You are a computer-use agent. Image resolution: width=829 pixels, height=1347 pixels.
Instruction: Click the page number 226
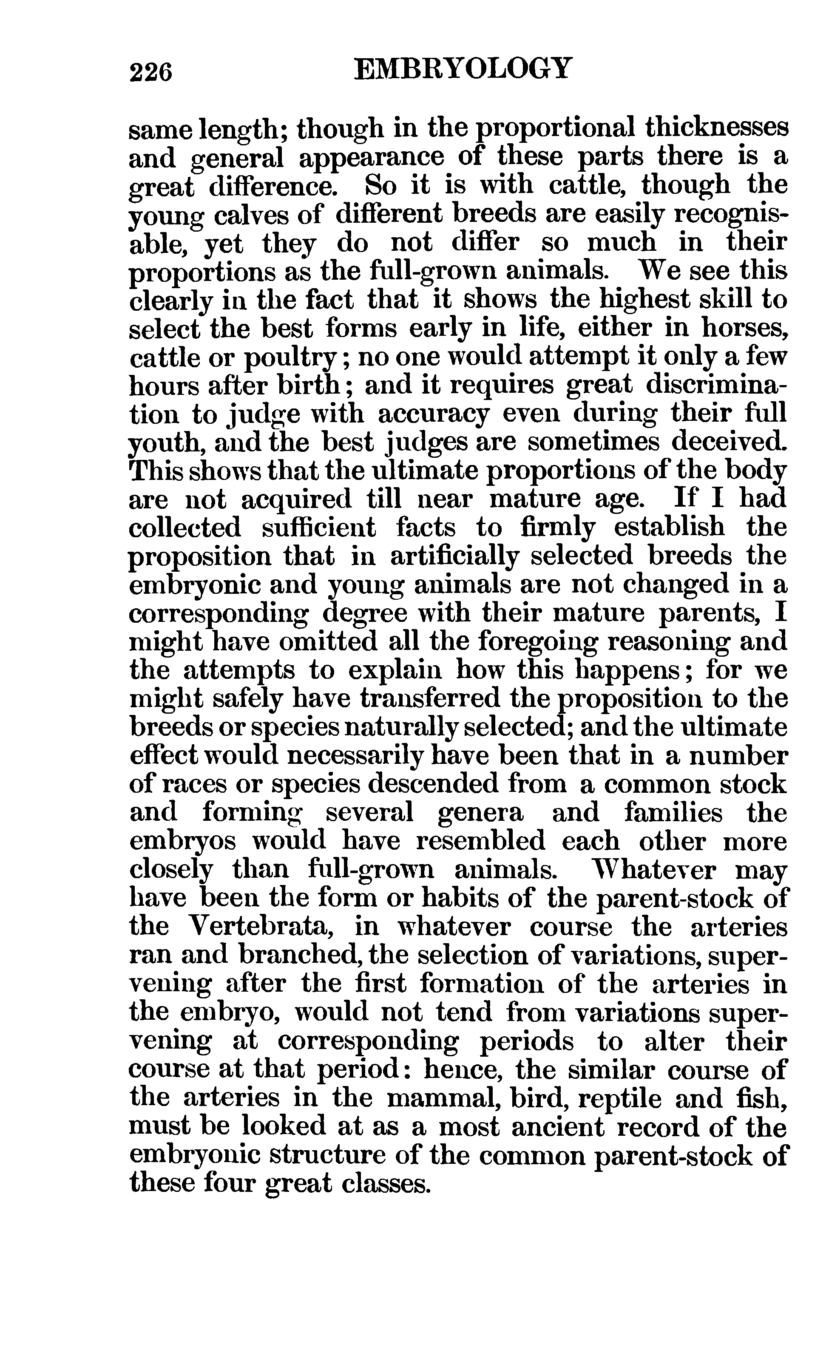click(x=151, y=72)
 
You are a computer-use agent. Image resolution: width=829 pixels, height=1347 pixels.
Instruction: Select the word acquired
click(x=295, y=499)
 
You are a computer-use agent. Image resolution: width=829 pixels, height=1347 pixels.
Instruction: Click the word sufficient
click(x=318, y=528)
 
